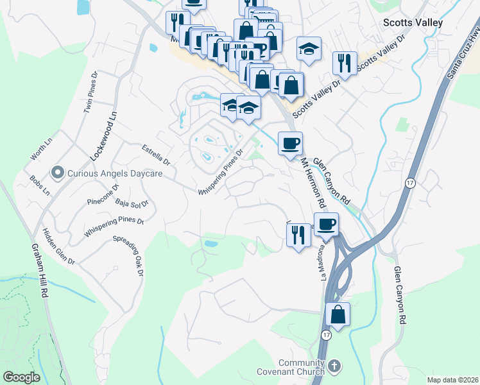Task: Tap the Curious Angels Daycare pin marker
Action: (58, 172)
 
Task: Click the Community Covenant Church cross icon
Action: (334, 366)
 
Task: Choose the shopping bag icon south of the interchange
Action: (338, 315)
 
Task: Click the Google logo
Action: (22, 377)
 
